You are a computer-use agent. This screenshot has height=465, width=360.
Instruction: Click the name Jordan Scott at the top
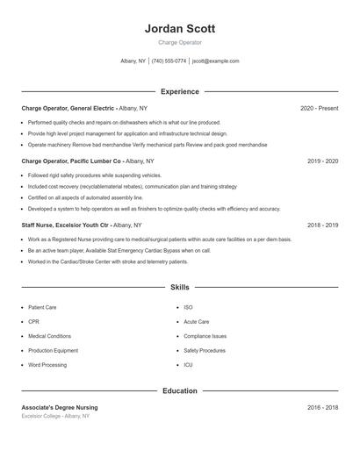[180, 28]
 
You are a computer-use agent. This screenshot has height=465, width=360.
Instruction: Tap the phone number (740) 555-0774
[169, 61]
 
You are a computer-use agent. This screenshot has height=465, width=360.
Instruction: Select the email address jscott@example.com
[215, 61]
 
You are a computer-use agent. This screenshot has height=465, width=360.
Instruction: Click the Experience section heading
[180, 91]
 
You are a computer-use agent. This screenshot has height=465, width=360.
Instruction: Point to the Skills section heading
[180, 287]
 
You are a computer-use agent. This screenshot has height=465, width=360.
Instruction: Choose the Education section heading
[180, 390]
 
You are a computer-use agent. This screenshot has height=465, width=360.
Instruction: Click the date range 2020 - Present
[319, 108]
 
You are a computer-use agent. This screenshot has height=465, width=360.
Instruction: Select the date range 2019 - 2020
[322, 161]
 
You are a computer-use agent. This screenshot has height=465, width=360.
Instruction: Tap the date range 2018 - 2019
[322, 225]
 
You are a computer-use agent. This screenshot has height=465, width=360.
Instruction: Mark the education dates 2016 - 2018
[322, 407]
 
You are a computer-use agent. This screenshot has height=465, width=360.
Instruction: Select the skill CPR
[34, 322]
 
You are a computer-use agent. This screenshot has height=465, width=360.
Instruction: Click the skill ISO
[188, 308]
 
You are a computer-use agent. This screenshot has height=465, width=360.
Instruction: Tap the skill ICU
[188, 364]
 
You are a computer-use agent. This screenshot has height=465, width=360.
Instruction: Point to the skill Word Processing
[47, 364]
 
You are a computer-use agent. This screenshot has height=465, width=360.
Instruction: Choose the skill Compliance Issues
[205, 336]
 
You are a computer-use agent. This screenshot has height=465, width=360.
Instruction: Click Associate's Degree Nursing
[60, 407]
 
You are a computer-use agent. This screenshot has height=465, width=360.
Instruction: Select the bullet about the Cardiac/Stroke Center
[108, 261]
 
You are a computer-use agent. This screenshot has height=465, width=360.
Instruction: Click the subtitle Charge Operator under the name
[180, 42]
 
